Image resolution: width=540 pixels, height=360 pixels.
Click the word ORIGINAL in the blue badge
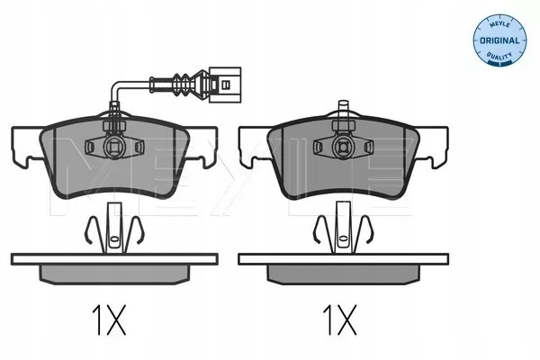[x=499, y=40]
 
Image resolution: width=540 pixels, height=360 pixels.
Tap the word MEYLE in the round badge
[x=500, y=25]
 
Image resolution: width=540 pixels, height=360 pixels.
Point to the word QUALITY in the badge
[x=499, y=55]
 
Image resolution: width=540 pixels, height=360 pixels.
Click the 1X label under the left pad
[x=109, y=320]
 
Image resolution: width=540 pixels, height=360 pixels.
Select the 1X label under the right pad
[x=340, y=320]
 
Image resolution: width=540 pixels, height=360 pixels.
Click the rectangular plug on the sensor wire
[x=225, y=85]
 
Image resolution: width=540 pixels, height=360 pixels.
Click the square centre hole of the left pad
[x=114, y=147]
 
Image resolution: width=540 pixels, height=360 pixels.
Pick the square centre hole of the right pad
[x=343, y=147]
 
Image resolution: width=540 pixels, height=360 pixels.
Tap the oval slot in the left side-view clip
[x=113, y=238]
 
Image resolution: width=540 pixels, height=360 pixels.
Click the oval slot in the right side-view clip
[x=343, y=238]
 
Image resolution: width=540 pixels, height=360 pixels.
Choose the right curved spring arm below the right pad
[x=366, y=230]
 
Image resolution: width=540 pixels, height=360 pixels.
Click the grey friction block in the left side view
[x=115, y=274]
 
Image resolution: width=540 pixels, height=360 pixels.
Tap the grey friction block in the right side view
[x=344, y=274]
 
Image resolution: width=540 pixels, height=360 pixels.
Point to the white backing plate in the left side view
[x=114, y=259]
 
